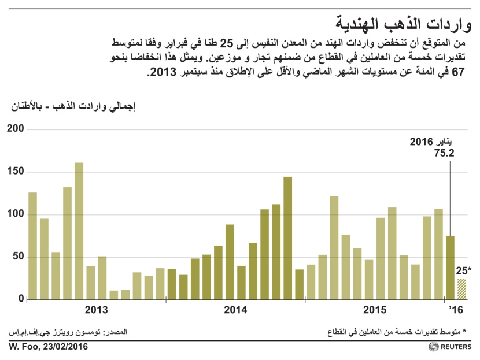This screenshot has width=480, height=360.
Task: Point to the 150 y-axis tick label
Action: coord(16,172)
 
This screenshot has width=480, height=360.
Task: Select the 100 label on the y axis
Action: coord(16,214)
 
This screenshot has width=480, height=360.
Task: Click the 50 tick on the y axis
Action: coord(18,257)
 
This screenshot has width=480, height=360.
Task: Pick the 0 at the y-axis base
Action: coord(21,299)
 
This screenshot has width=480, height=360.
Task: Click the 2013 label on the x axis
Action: coord(96,310)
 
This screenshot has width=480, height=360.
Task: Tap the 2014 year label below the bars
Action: coord(235,310)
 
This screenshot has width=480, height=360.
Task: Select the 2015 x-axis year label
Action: coord(374,310)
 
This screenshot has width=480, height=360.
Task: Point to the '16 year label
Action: coord(456,310)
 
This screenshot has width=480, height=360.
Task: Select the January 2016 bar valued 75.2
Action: coord(450,268)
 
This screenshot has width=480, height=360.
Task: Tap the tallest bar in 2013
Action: coord(79,231)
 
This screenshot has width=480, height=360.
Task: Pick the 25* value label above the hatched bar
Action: coord(462,270)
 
